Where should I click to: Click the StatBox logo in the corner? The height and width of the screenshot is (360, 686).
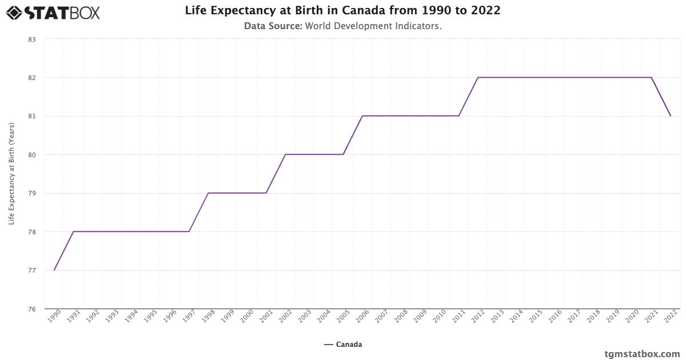point(53,13)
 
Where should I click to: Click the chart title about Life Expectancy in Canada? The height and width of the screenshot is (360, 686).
point(342,11)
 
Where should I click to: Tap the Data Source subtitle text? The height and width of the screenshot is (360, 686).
point(342,26)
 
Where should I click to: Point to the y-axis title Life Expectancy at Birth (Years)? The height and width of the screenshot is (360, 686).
point(11,174)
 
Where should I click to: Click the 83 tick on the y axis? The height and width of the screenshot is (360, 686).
point(31,39)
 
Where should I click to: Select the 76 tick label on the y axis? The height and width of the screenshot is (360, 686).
point(31,309)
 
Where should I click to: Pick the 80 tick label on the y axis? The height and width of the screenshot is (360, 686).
point(31,155)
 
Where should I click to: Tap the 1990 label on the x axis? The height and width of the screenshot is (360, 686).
point(54,317)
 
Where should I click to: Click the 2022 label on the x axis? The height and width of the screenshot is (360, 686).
point(671,317)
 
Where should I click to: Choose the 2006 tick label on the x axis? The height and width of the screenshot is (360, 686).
point(362,317)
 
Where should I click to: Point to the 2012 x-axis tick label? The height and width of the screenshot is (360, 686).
point(478,317)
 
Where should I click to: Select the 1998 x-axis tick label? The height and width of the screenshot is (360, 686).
point(208,317)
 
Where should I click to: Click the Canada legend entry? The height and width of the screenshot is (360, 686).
point(343,345)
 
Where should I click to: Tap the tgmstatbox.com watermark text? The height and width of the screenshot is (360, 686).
point(642,354)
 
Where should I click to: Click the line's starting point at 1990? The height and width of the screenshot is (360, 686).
point(54,270)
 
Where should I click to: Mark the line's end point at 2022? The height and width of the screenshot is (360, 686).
point(671,116)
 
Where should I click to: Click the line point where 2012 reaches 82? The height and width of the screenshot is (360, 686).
point(478,77)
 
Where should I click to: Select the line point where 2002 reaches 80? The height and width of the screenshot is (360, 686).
point(285,154)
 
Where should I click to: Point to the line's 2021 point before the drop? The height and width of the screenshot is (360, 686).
point(651,77)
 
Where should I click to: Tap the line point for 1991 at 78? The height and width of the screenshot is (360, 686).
point(73,231)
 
